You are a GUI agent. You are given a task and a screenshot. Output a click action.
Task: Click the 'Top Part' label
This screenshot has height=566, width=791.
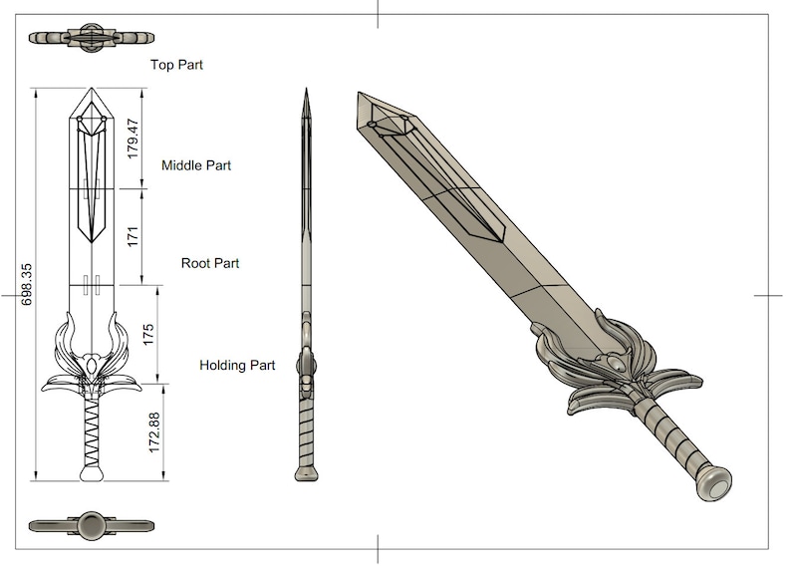pos(176,65)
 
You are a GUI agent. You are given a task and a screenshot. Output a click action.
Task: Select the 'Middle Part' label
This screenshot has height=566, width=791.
pos(196,164)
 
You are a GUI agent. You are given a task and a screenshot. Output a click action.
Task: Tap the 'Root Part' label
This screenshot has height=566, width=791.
pos(209,263)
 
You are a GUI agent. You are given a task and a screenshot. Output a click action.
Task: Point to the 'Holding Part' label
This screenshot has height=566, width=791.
pos(237,366)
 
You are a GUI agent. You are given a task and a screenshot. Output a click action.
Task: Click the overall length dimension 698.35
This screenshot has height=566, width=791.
pos(27,284)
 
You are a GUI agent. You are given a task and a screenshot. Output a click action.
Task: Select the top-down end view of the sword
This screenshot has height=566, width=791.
pos(92,37)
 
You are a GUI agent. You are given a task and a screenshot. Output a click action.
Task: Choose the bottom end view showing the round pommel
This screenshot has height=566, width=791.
pos(92,525)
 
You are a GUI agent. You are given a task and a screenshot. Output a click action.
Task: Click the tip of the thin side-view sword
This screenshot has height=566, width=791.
pos(307,93)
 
